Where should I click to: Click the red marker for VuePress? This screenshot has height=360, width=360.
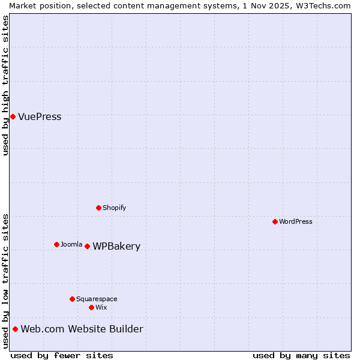(x=13, y=116)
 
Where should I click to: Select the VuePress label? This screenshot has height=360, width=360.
(x=40, y=117)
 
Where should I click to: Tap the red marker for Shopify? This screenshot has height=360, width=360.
(x=99, y=208)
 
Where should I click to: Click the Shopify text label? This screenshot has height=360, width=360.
(x=114, y=208)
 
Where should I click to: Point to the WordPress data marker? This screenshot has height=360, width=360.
(x=275, y=221)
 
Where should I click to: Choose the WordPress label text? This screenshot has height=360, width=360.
(x=295, y=221)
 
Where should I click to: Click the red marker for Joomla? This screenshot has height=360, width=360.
(x=57, y=244)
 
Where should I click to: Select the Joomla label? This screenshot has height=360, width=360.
(x=71, y=244)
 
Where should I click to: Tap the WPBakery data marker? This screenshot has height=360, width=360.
(x=88, y=246)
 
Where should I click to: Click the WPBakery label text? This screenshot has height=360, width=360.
(x=116, y=247)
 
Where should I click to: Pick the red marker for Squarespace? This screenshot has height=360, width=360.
(x=73, y=299)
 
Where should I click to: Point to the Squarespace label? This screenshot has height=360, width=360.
(x=97, y=299)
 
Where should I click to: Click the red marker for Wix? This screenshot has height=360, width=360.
(x=91, y=307)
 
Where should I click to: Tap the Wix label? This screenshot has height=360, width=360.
(x=101, y=307)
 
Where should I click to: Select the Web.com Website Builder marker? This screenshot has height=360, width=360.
(x=15, y=329)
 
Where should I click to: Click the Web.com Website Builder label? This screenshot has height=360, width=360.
(x=82, y=329)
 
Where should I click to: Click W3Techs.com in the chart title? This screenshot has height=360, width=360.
(x=326, y=5)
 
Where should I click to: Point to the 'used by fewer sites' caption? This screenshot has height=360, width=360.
(x=62, y=355)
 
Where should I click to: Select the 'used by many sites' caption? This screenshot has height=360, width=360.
(x=301, y=355)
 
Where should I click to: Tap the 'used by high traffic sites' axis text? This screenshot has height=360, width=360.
(x=5, y=85)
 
